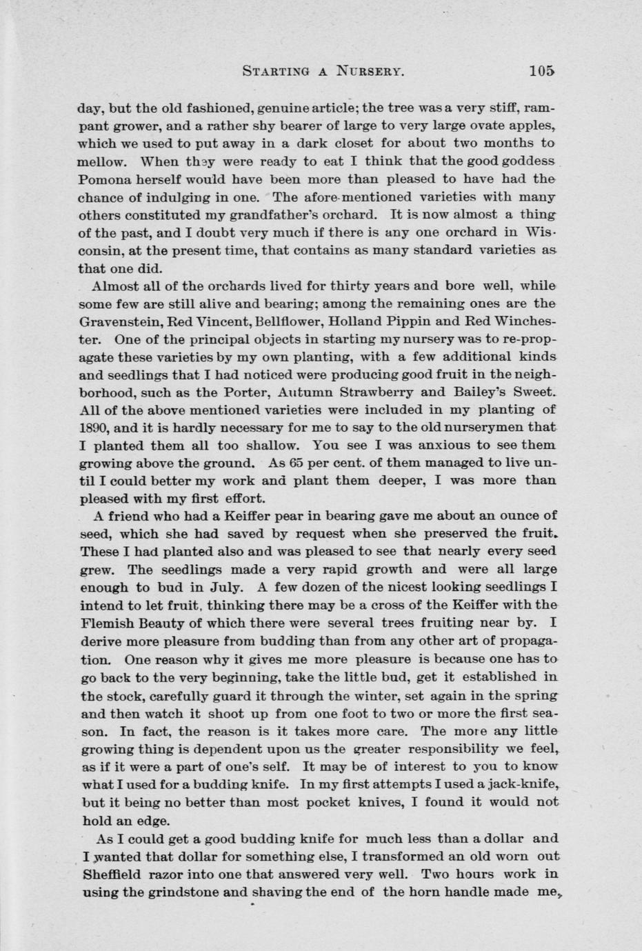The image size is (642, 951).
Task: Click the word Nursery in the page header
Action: tap(369, 71)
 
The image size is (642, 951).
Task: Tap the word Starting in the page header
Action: tap(272, 71)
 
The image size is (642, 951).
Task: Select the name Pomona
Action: tap(104, 179)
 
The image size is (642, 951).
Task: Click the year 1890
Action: tap(94, 428)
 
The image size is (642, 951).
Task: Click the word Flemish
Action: tap(108, 623)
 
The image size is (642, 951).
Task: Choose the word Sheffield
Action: tap(112, 874)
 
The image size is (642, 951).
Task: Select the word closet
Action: tap(359, 143)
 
